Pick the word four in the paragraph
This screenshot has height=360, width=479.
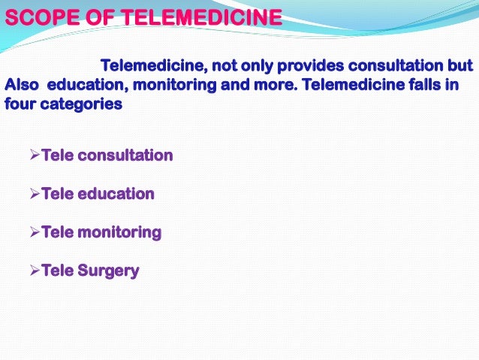point(18,104)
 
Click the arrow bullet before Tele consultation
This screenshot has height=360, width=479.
point(34,156)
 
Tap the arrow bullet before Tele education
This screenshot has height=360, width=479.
point(34,194)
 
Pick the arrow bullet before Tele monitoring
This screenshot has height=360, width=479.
point(34,232)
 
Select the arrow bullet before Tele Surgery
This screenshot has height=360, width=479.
point(34,271)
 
